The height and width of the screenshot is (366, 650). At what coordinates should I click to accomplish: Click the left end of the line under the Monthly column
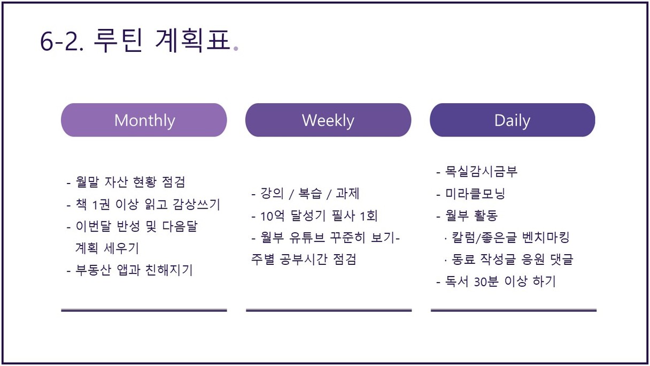tap(61, 310)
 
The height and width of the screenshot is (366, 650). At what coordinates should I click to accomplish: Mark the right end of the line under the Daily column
tap(597, 310)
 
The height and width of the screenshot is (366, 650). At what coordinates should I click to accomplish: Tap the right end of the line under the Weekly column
tap(412, 310)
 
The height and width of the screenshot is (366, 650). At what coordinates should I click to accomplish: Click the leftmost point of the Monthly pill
tap(61, 120)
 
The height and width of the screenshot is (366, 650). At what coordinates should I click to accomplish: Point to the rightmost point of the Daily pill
tap(595, 120)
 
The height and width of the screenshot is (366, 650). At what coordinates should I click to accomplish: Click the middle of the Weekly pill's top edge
tap(328, 103)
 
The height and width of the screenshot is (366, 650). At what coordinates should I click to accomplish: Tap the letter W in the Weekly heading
tap(308, 120)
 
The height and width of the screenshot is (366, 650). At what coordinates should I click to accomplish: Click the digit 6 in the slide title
tap(47, 42)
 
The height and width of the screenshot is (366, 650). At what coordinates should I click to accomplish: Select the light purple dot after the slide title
tap(236, 49)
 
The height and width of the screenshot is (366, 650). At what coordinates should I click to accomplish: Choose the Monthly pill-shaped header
tap(144, 120)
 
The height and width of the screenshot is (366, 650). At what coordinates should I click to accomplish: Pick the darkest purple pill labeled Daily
tap(513, 120)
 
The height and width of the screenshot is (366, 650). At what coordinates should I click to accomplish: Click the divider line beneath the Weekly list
tap(329, 310)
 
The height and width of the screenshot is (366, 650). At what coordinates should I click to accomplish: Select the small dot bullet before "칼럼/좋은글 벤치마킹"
tap(445, 239)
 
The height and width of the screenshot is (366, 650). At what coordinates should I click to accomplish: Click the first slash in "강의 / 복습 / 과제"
tap(291, 194)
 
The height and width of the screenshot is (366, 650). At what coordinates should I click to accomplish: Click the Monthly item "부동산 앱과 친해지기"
tap(134, 270)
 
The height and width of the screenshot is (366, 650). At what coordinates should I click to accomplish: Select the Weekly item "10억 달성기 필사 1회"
tap(319, 216)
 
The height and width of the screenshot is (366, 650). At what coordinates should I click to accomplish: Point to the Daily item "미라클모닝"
tap(475, 194)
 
